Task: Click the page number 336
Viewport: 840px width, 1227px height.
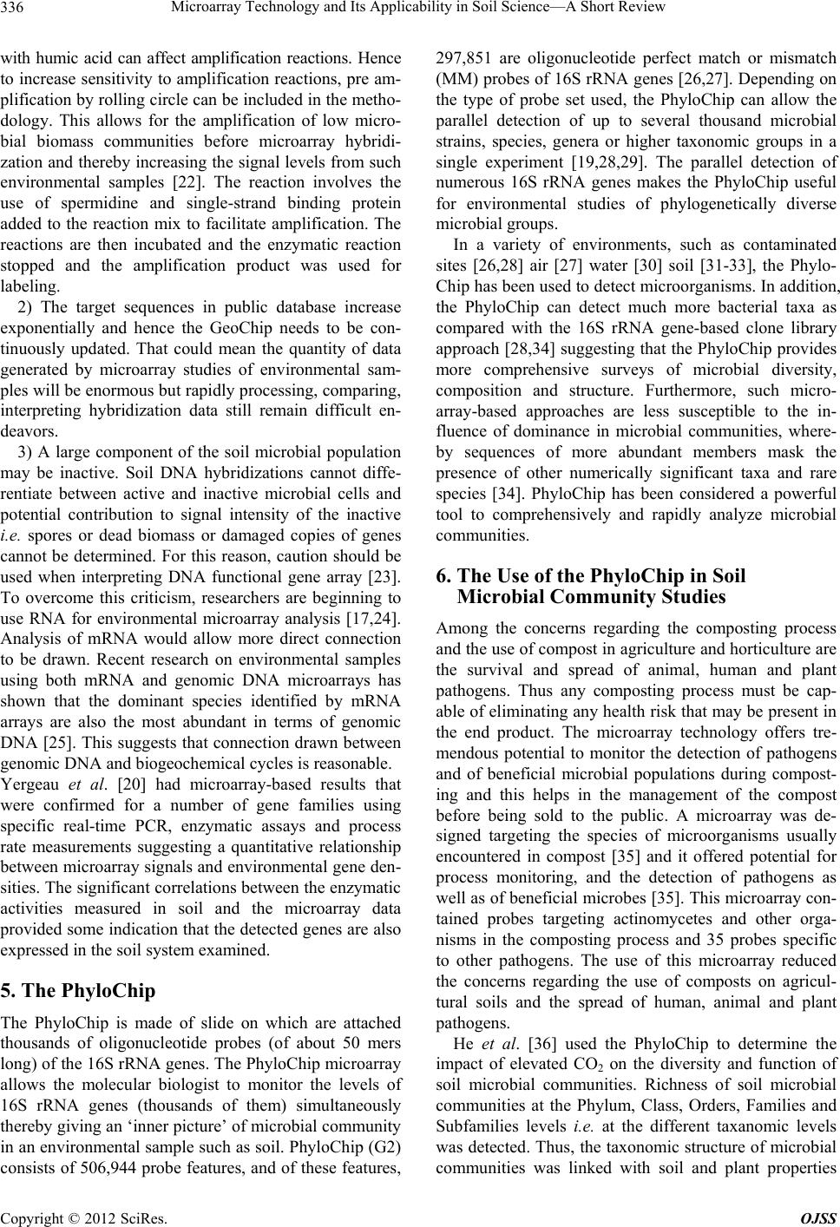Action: (16, 10)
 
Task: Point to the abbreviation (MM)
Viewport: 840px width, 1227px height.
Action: (450, 79)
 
